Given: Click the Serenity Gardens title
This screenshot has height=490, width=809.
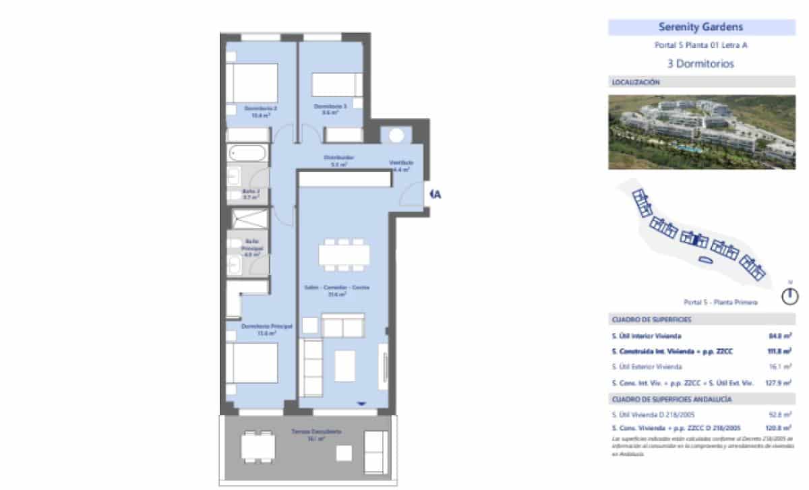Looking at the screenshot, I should [x=700, y=28].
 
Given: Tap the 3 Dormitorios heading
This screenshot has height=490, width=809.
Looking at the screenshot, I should [x=700, y=65].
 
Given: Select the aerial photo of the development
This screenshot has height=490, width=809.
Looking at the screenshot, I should [x=701, y=131].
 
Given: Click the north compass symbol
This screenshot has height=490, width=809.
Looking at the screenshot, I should [x=789, y=295].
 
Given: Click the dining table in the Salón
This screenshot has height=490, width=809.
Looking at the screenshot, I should [x=344, y=255].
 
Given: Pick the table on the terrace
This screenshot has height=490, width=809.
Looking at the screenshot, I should [x=258, y=445].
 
